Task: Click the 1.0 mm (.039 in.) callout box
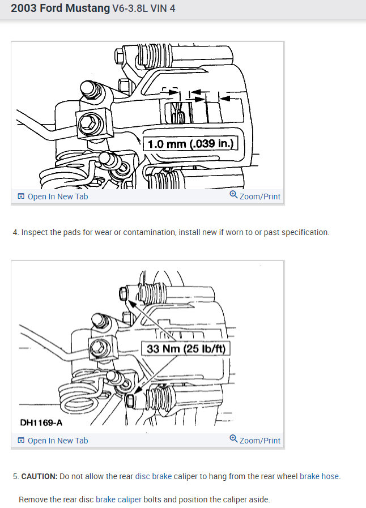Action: (190, 143)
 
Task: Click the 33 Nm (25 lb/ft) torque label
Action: (186, 349)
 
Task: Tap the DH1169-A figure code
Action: (41, 422)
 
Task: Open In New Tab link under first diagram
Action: (53, 197)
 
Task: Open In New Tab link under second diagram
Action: (53, 441)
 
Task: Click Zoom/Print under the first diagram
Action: (255, 196)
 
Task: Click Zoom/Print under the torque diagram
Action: (255, 440)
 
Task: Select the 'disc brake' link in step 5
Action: (154, 476)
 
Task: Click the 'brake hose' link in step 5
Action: (320, 476)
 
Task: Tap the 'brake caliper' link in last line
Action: (118, 500)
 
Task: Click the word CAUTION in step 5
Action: (39, 476)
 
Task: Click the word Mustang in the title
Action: (87, 8)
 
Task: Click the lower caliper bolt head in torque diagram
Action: (129, 400)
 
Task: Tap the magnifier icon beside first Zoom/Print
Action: (233, 194)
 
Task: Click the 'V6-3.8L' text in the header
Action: (130, 8)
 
